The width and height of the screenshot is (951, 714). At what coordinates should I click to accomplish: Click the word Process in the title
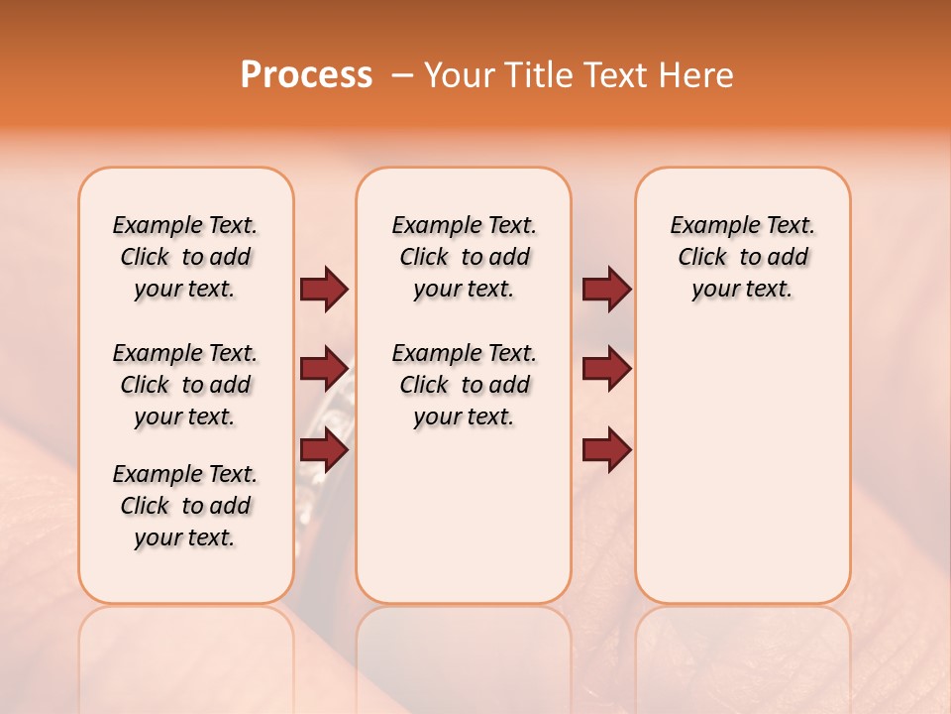pos(306,75)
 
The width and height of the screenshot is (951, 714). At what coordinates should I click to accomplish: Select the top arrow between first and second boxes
pos(324,289)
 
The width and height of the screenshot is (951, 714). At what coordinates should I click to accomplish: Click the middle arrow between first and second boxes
pos(324,369)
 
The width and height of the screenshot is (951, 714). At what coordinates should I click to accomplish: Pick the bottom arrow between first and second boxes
pos(324,450)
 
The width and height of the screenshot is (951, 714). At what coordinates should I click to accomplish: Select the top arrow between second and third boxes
pos(606,289)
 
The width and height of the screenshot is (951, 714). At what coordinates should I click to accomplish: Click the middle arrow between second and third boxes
pos(606,369)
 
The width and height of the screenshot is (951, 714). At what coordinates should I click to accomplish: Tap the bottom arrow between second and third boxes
pos(606,450)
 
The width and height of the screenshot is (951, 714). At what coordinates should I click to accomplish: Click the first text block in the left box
pos(185,257)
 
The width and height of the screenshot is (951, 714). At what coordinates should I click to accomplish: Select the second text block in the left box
pos(185,385)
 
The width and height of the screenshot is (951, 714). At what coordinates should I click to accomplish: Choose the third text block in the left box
pos(185,506)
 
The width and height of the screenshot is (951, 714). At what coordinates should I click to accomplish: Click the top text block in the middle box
pos(464,257)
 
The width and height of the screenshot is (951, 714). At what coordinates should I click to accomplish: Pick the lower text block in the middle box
pos(464,385)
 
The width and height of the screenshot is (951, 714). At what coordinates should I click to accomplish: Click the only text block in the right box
pos(742,257)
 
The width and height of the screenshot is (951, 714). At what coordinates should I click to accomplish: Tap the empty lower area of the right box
pos(742,476)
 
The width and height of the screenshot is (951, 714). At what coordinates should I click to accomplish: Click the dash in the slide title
pos(402,75)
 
